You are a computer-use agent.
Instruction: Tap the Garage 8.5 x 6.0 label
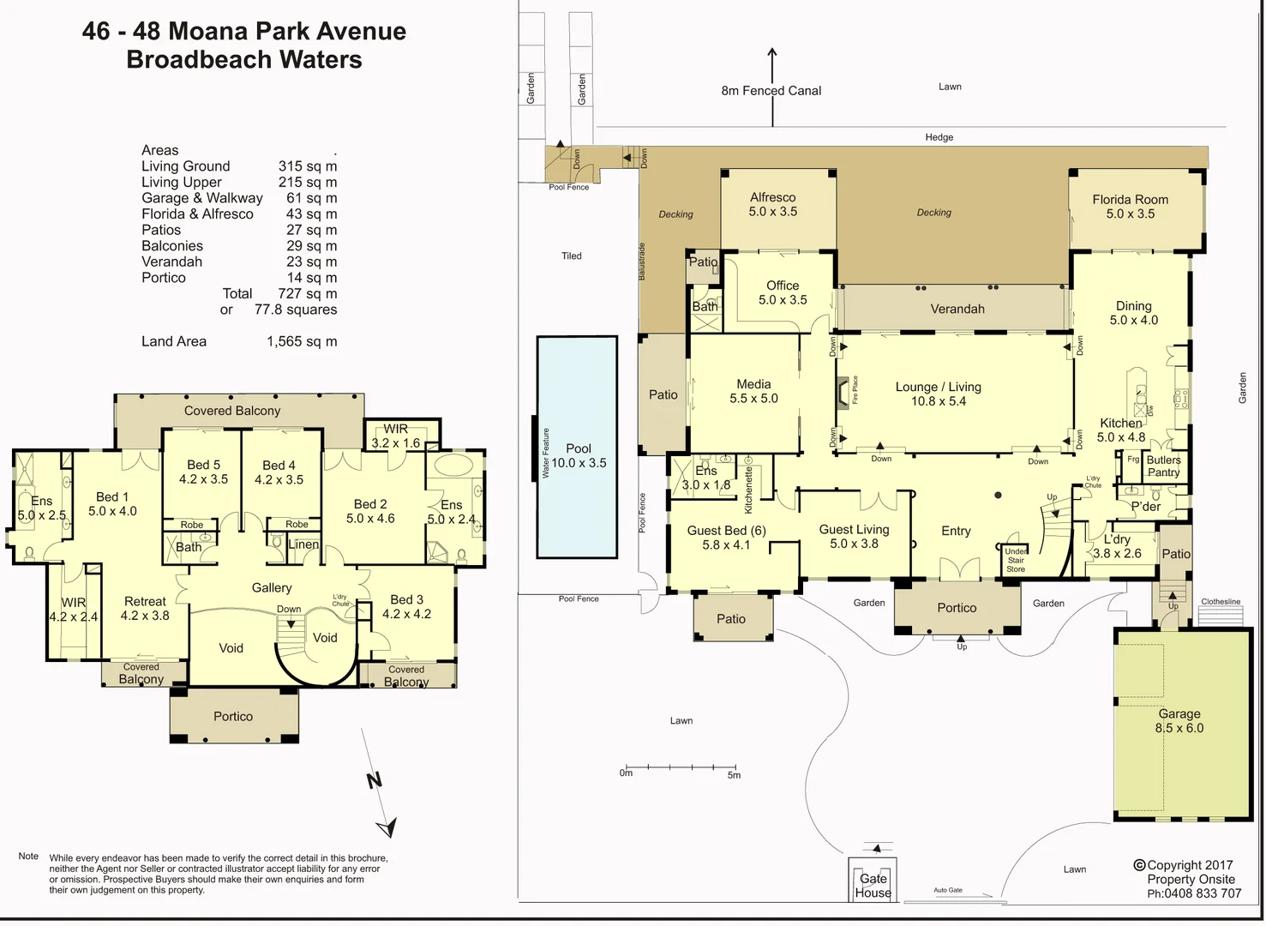coord(1179,721)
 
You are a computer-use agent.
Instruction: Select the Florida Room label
coord(1130,207)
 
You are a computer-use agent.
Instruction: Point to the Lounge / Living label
coord(938,394)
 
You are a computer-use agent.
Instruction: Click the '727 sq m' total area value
coord(307,293)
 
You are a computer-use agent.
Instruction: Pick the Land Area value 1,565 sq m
coord(302,341)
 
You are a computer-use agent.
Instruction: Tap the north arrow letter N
coord(374,780)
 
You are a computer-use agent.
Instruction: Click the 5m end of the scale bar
coord(735,774)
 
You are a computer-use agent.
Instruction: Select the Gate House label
coord(873,886)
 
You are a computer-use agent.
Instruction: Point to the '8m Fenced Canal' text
coord(771,91)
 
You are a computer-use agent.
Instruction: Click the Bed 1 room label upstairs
coord(112,503)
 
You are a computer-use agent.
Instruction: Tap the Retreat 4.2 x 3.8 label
coord(145,609)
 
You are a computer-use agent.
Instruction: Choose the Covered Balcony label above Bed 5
coord(231,411)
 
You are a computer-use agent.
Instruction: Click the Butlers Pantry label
coord(1163,466)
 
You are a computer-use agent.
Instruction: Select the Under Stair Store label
coord(1016,560)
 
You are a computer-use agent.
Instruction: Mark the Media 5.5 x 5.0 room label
coord(753,391)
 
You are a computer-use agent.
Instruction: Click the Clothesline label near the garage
coord(1221,602)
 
